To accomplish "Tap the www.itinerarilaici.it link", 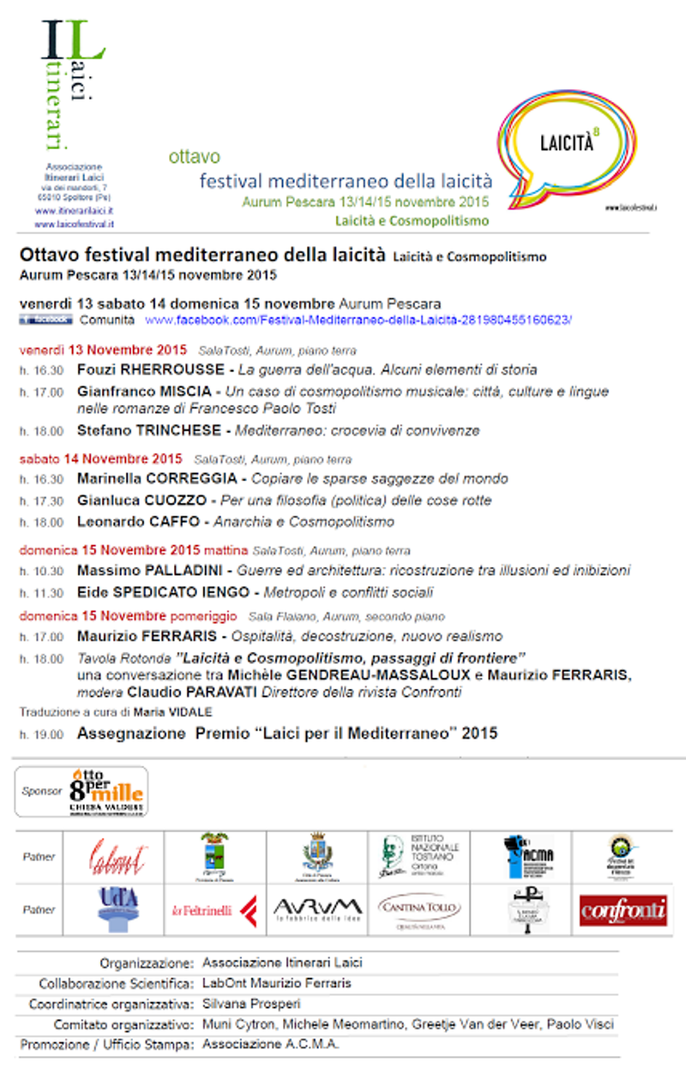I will (75, 211).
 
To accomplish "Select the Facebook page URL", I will (358, 320).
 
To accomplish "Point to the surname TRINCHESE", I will (181, 431).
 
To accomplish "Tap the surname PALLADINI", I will (176, 570).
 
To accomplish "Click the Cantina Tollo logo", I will (419, 908).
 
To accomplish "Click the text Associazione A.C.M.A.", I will (270, 1045).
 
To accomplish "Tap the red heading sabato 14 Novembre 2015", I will (101, 458).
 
